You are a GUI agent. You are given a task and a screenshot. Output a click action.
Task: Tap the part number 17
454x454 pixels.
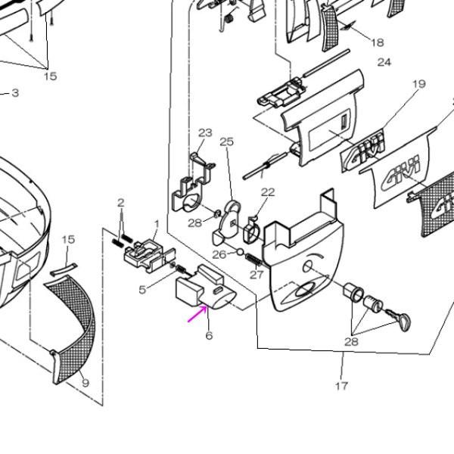(341, 386)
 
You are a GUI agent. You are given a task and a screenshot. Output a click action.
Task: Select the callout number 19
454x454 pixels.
(419, 85)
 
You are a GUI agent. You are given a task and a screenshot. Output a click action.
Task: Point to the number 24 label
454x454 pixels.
(384, 62)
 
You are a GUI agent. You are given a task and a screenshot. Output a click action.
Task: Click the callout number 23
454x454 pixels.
(206, 133)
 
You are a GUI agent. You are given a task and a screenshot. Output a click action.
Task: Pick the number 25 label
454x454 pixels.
(227, 141)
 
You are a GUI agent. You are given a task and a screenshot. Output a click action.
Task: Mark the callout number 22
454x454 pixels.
(268, 192)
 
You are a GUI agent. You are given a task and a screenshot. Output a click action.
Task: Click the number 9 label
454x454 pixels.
(86, 383)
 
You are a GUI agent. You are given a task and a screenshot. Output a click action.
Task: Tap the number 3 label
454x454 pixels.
(14, 93)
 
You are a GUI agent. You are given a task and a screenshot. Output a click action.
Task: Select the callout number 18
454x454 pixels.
(378, 42)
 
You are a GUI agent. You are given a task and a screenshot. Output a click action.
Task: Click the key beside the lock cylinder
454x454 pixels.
(400, 321)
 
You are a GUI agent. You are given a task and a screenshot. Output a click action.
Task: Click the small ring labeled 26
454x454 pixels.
(240, 253)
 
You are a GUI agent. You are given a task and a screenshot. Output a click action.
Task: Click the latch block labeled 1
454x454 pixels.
(143, 253)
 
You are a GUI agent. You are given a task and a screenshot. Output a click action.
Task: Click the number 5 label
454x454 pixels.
(142, 289)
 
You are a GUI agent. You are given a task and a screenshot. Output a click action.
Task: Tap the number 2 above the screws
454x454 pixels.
(120, 202)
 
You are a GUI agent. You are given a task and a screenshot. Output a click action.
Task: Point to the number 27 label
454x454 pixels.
(257, 275)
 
